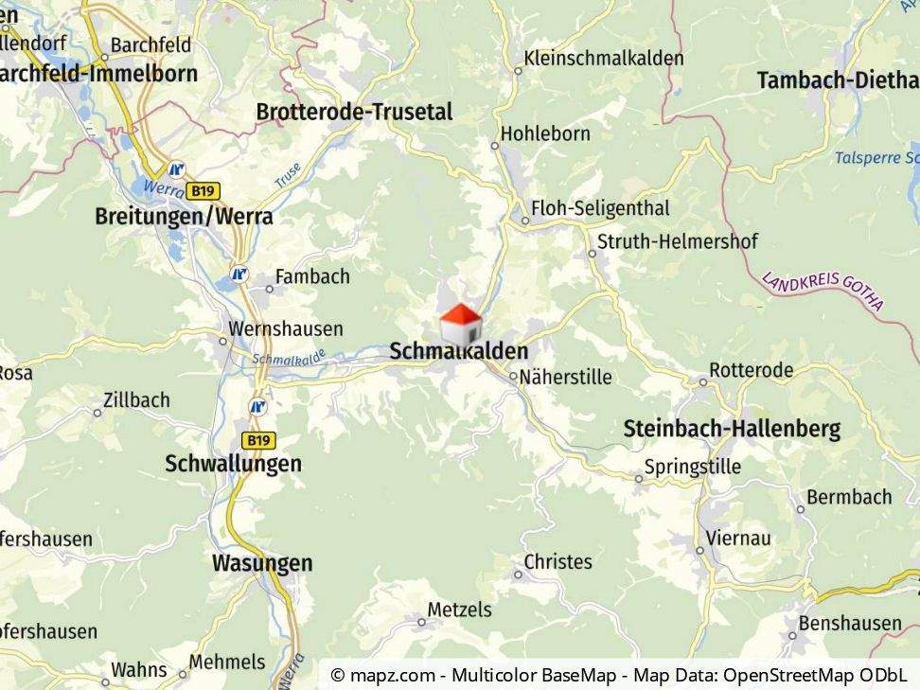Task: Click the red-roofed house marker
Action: (x=461, y=325)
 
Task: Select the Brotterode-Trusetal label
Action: (x=354, y=112)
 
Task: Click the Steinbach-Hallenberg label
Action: (x=732, y=429)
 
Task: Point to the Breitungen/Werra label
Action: (x=184, y=216)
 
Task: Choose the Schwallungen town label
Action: (x=233, y=464)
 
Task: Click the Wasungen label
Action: (x=261, y=563)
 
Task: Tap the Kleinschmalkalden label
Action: (x=603, y=58)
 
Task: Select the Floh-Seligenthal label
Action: (x=600, y=208)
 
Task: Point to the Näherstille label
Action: (x=565, y=377)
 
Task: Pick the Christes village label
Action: (x=557, y=561)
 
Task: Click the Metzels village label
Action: (x=460, y=610)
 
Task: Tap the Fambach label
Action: (x=312, y=276)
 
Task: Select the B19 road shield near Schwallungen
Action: (x=258, y=440)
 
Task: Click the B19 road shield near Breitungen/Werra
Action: (x=202, y=190)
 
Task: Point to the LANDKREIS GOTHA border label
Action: (x=823, y=292)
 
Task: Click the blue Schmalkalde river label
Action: (x=289, y=358)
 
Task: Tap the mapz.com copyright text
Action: (x=620, y=675)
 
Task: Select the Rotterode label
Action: (x=752, y=370)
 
